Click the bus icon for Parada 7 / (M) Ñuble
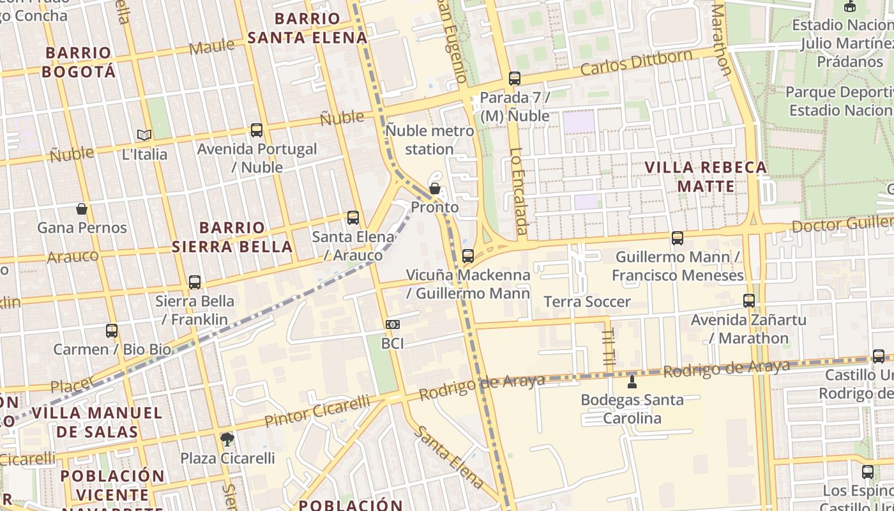tap(514, 79)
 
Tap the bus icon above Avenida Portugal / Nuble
tap(257, 130)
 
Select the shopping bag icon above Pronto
tap(435, 188)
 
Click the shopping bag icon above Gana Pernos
tap(82, 209)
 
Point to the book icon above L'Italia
tap(144, 135)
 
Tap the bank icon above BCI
tap(393, 324)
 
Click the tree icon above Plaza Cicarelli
tap(227, 439)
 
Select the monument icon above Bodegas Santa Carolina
tap(632, 381)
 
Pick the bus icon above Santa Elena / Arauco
tap(353, 218)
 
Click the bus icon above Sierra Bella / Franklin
tap(195, 282)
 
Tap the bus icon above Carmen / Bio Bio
tap(112, 331)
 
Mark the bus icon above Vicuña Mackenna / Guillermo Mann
tap(468, 256)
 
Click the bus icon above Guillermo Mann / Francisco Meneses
tap(678, 238)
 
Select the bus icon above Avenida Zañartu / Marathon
tap(749, 301)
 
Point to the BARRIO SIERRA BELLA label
tap(232, 237)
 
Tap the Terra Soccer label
tap(587, 301)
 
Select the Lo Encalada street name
tap(518, 192)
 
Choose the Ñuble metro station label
tap(430, 140)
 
